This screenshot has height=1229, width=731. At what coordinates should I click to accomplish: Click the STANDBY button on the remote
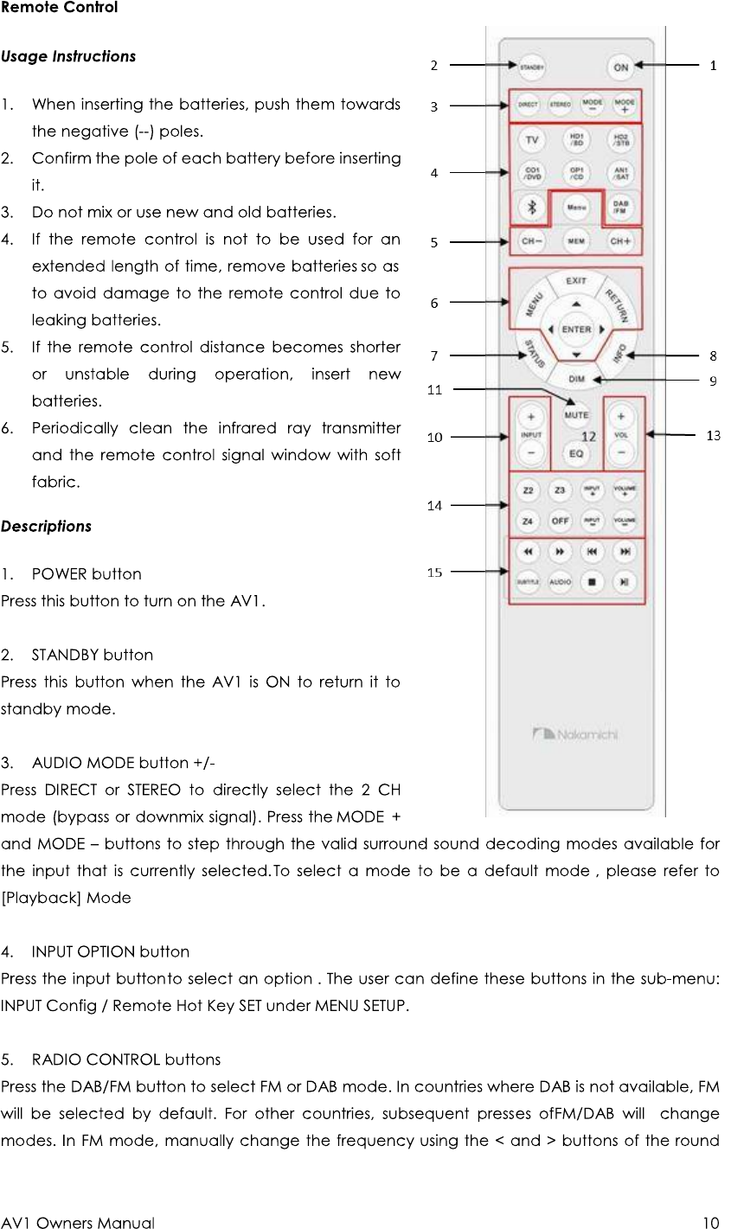tap(532, 66)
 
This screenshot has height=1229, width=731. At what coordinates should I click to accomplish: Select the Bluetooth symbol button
tap(532, 207)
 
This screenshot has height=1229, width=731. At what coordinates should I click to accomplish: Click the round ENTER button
tap(576, 330)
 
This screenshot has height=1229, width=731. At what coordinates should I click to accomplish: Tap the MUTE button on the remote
tap(576, 415)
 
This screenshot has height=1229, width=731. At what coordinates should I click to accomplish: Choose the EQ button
tap(576, 453)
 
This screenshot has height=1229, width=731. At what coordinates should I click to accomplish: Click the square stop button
tap(592, 582)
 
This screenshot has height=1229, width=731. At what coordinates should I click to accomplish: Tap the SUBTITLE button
tap(528, 582)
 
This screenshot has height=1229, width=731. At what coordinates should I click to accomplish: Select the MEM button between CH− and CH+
tap(576, 240)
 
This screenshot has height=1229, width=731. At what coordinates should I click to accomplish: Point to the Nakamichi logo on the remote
tap(575, 734)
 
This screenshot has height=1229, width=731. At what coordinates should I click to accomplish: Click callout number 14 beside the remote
tap(434, 505)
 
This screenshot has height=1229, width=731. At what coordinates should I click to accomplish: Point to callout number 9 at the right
tap(712, 381)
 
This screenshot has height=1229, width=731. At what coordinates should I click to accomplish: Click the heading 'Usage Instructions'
tap(68, 57)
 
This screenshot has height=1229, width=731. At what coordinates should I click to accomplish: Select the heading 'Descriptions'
tap(46, 527)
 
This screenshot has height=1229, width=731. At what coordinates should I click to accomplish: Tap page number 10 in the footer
tap(710, 1223)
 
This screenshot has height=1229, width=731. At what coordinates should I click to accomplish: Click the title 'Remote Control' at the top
tap(59, 8)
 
